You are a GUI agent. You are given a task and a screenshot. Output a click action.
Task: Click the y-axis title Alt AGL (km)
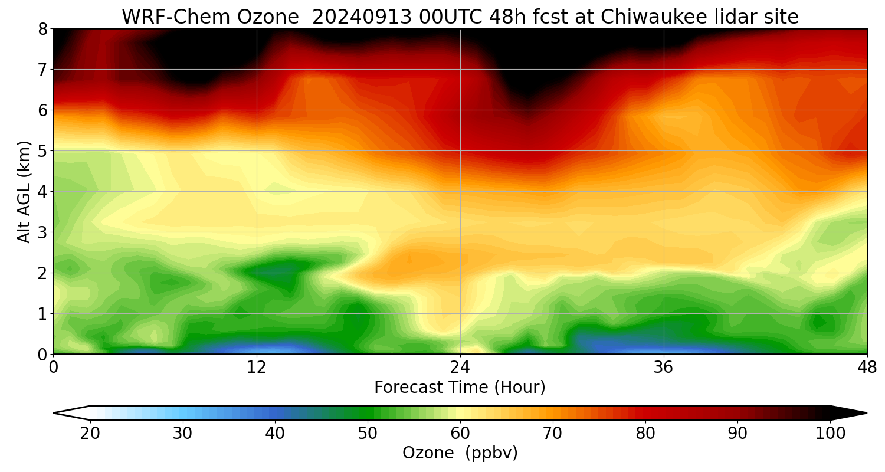(24, 191)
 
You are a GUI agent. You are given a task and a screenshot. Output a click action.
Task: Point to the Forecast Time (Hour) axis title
(460, 388)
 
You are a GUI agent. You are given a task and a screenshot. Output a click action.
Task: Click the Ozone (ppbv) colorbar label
(460, 453)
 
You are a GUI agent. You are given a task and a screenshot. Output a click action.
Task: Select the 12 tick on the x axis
(257, 367)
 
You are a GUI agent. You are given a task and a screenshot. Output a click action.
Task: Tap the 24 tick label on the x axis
(460, 367)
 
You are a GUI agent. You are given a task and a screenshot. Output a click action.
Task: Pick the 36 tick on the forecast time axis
(664, 367)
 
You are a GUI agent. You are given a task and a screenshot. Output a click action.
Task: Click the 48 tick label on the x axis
(867, 367)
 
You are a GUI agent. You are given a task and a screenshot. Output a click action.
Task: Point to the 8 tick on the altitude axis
(42, 28)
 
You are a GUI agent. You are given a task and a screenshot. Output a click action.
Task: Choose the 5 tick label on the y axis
(42, 150)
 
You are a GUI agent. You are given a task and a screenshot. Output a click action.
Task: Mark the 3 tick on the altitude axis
(42, 232)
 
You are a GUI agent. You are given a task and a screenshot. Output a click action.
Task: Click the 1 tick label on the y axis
(42, 313)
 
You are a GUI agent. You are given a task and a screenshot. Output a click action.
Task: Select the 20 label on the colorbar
(90, 434)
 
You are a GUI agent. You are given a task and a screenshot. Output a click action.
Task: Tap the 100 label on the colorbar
(830, 434)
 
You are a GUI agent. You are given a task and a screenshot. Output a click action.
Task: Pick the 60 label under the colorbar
(460, 434)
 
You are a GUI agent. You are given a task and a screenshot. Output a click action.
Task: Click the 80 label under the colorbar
(645, 434)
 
